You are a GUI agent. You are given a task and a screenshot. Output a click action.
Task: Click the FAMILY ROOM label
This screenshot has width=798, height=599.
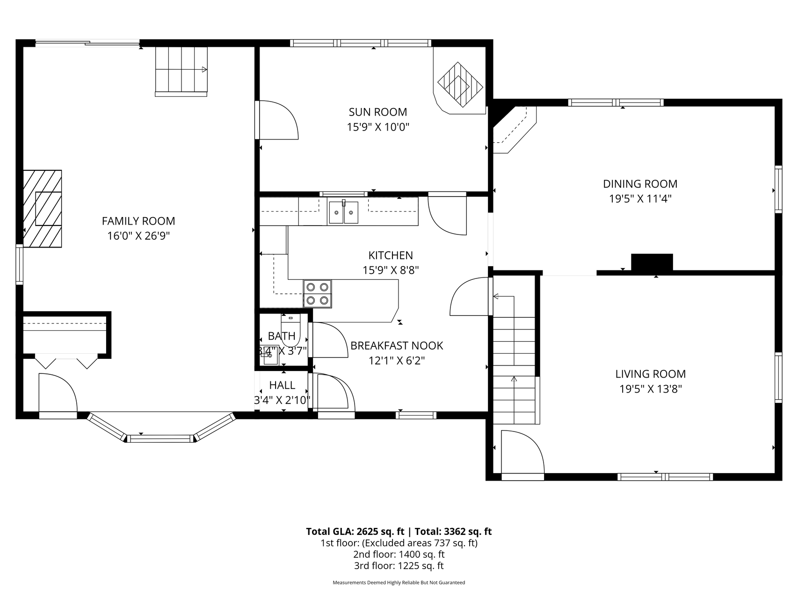138,221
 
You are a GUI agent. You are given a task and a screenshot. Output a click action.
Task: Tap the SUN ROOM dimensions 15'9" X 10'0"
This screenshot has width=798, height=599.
378,127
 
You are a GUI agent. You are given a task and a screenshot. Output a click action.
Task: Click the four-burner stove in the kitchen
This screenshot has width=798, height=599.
317,294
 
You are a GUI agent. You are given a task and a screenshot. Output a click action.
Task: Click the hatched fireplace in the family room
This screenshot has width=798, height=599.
43,209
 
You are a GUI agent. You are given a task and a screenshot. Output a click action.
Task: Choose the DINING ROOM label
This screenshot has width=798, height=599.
640,184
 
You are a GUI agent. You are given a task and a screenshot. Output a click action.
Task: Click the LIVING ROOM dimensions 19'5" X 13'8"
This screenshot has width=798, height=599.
650,389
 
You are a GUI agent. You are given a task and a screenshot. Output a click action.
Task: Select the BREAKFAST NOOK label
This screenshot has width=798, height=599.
397,346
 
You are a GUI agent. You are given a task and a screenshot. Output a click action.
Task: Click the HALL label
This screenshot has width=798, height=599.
282,385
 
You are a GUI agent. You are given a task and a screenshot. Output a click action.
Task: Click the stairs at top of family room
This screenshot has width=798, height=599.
181,70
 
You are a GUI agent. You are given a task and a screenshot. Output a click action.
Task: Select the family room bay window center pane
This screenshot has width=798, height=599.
160,438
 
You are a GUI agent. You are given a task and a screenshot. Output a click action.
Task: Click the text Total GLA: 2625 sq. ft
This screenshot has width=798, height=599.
355,532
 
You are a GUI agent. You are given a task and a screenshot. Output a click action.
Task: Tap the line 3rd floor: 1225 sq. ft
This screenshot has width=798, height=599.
399,566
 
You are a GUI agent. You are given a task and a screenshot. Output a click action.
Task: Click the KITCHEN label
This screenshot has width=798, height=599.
391,256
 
